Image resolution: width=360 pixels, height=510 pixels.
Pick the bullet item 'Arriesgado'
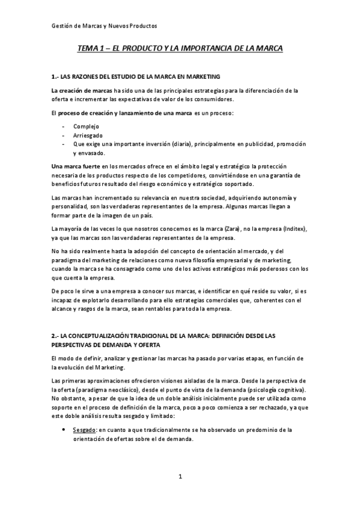click(88, 135)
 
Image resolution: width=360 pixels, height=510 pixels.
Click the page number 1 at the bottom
click(180, 478)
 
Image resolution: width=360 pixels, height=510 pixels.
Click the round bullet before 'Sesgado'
click(64, 430)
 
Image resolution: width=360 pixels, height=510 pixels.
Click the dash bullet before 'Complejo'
click(64, 126)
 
